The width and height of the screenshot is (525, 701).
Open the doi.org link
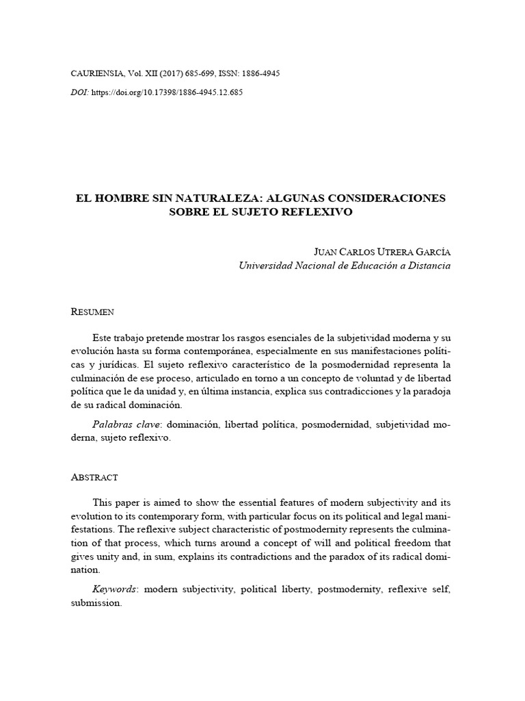167,92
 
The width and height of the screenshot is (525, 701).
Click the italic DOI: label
80,92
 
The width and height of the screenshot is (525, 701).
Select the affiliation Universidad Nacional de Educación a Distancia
344,266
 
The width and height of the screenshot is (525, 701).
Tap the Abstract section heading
94,476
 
